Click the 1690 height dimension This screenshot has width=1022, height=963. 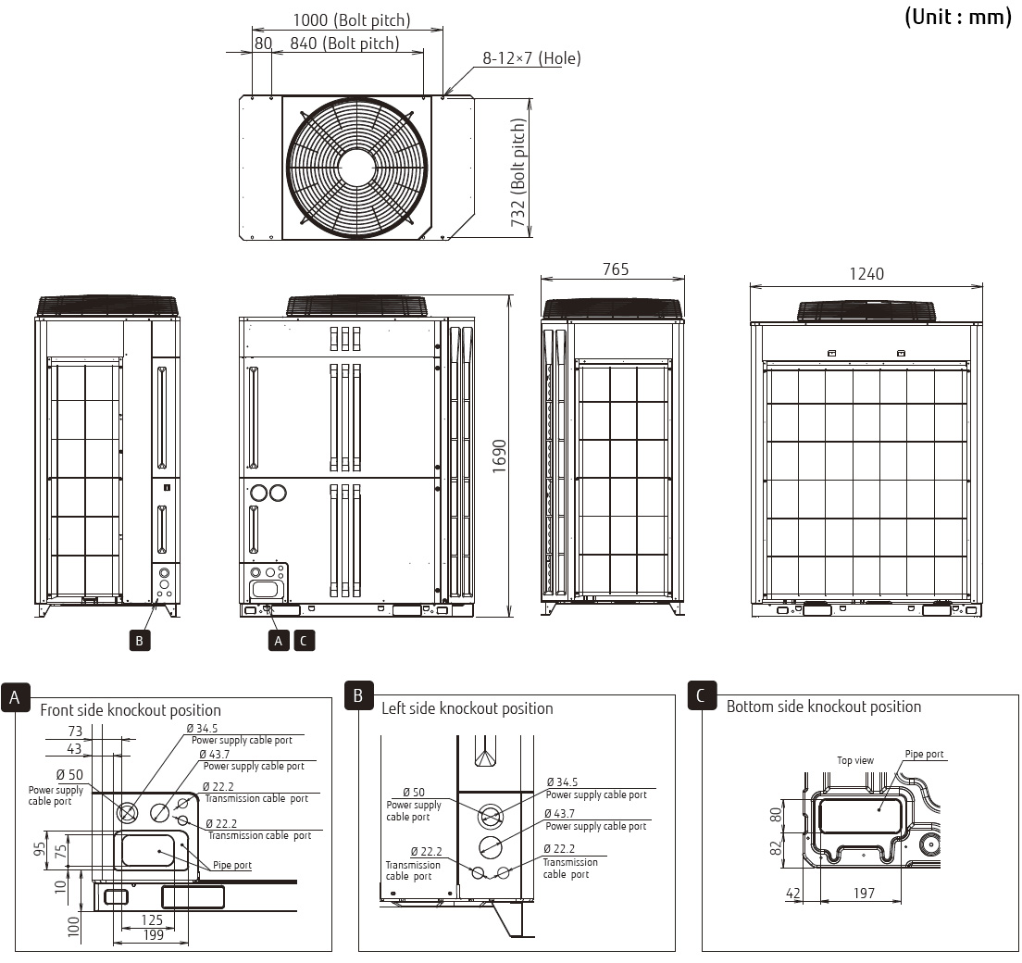tap(499, 456)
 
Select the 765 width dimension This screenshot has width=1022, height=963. tap(615, 269)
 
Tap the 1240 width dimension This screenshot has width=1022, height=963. tap(866, 274)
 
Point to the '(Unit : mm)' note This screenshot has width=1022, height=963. tap(957, 17)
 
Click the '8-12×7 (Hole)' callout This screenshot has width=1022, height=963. tap(531, 58)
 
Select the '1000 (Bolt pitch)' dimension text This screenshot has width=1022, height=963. tap(351, 19)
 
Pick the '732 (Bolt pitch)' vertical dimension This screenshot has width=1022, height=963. tap(518, 172)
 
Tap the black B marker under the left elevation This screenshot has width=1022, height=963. tap(139, 640)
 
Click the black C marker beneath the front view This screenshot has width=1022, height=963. tap(305, 640)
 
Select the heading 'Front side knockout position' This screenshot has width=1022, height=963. tap(131, 710)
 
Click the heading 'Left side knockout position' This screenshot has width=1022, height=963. tap(467, 708)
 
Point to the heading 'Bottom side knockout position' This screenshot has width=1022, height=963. tap(823, 707)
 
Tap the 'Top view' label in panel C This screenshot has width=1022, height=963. tap(854, 760)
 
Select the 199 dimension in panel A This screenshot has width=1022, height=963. tap(154, 935)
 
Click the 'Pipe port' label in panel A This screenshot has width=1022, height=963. tap(231, 865)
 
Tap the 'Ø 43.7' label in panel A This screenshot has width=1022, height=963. tap(215, 755)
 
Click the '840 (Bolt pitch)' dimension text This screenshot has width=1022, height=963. tap(344, 44)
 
